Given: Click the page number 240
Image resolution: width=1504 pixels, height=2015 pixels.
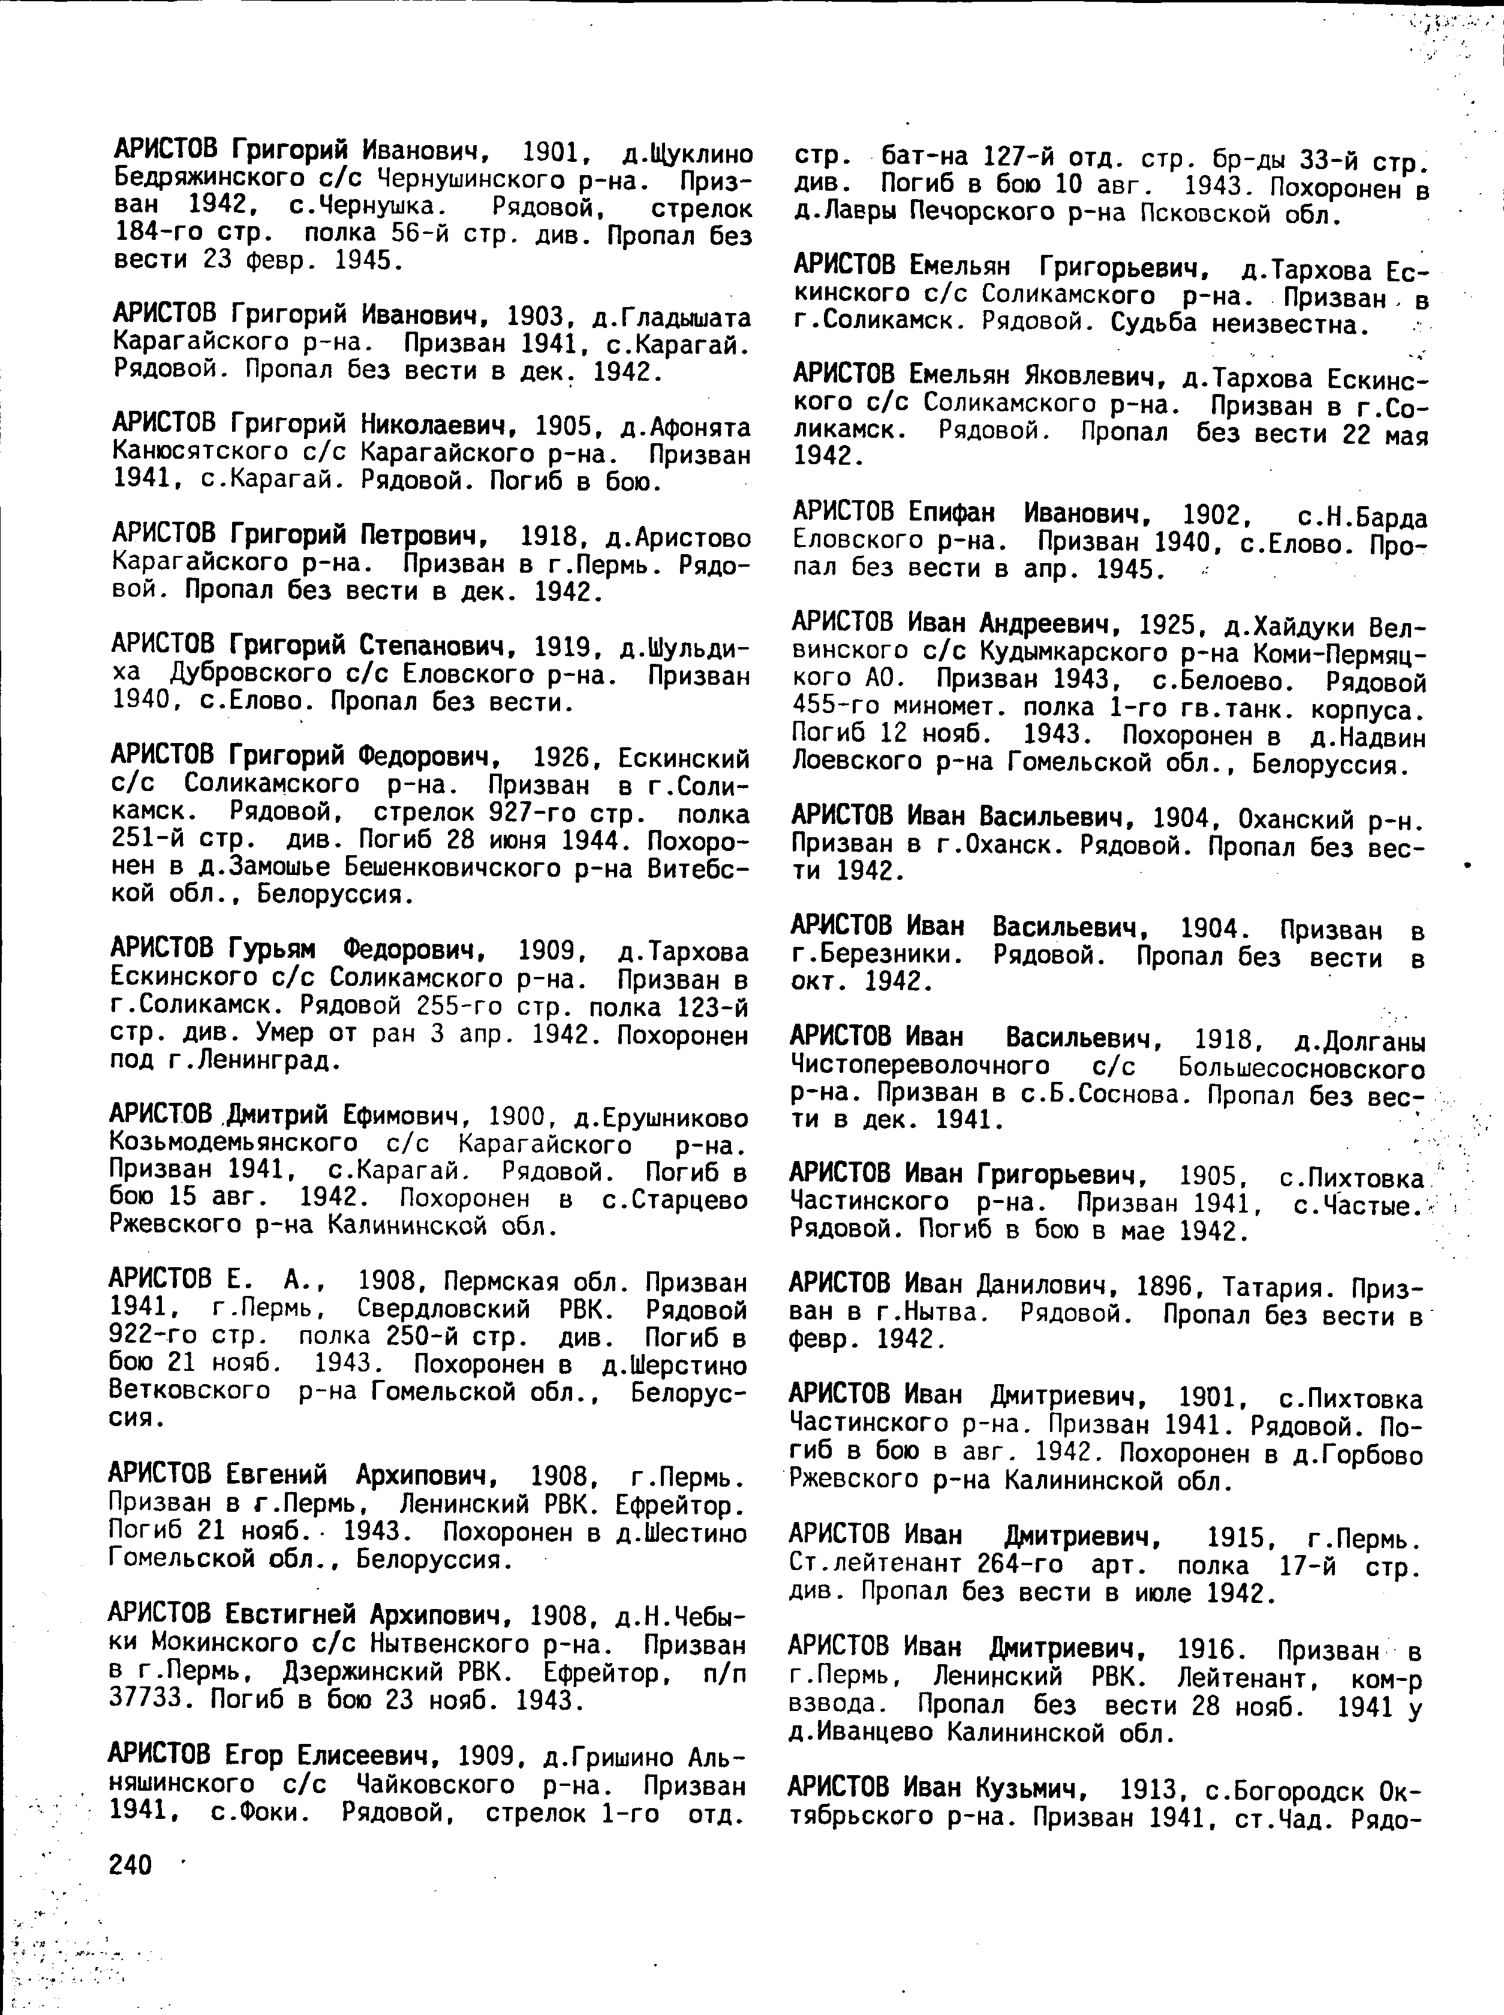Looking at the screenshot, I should coord(130,1864).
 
